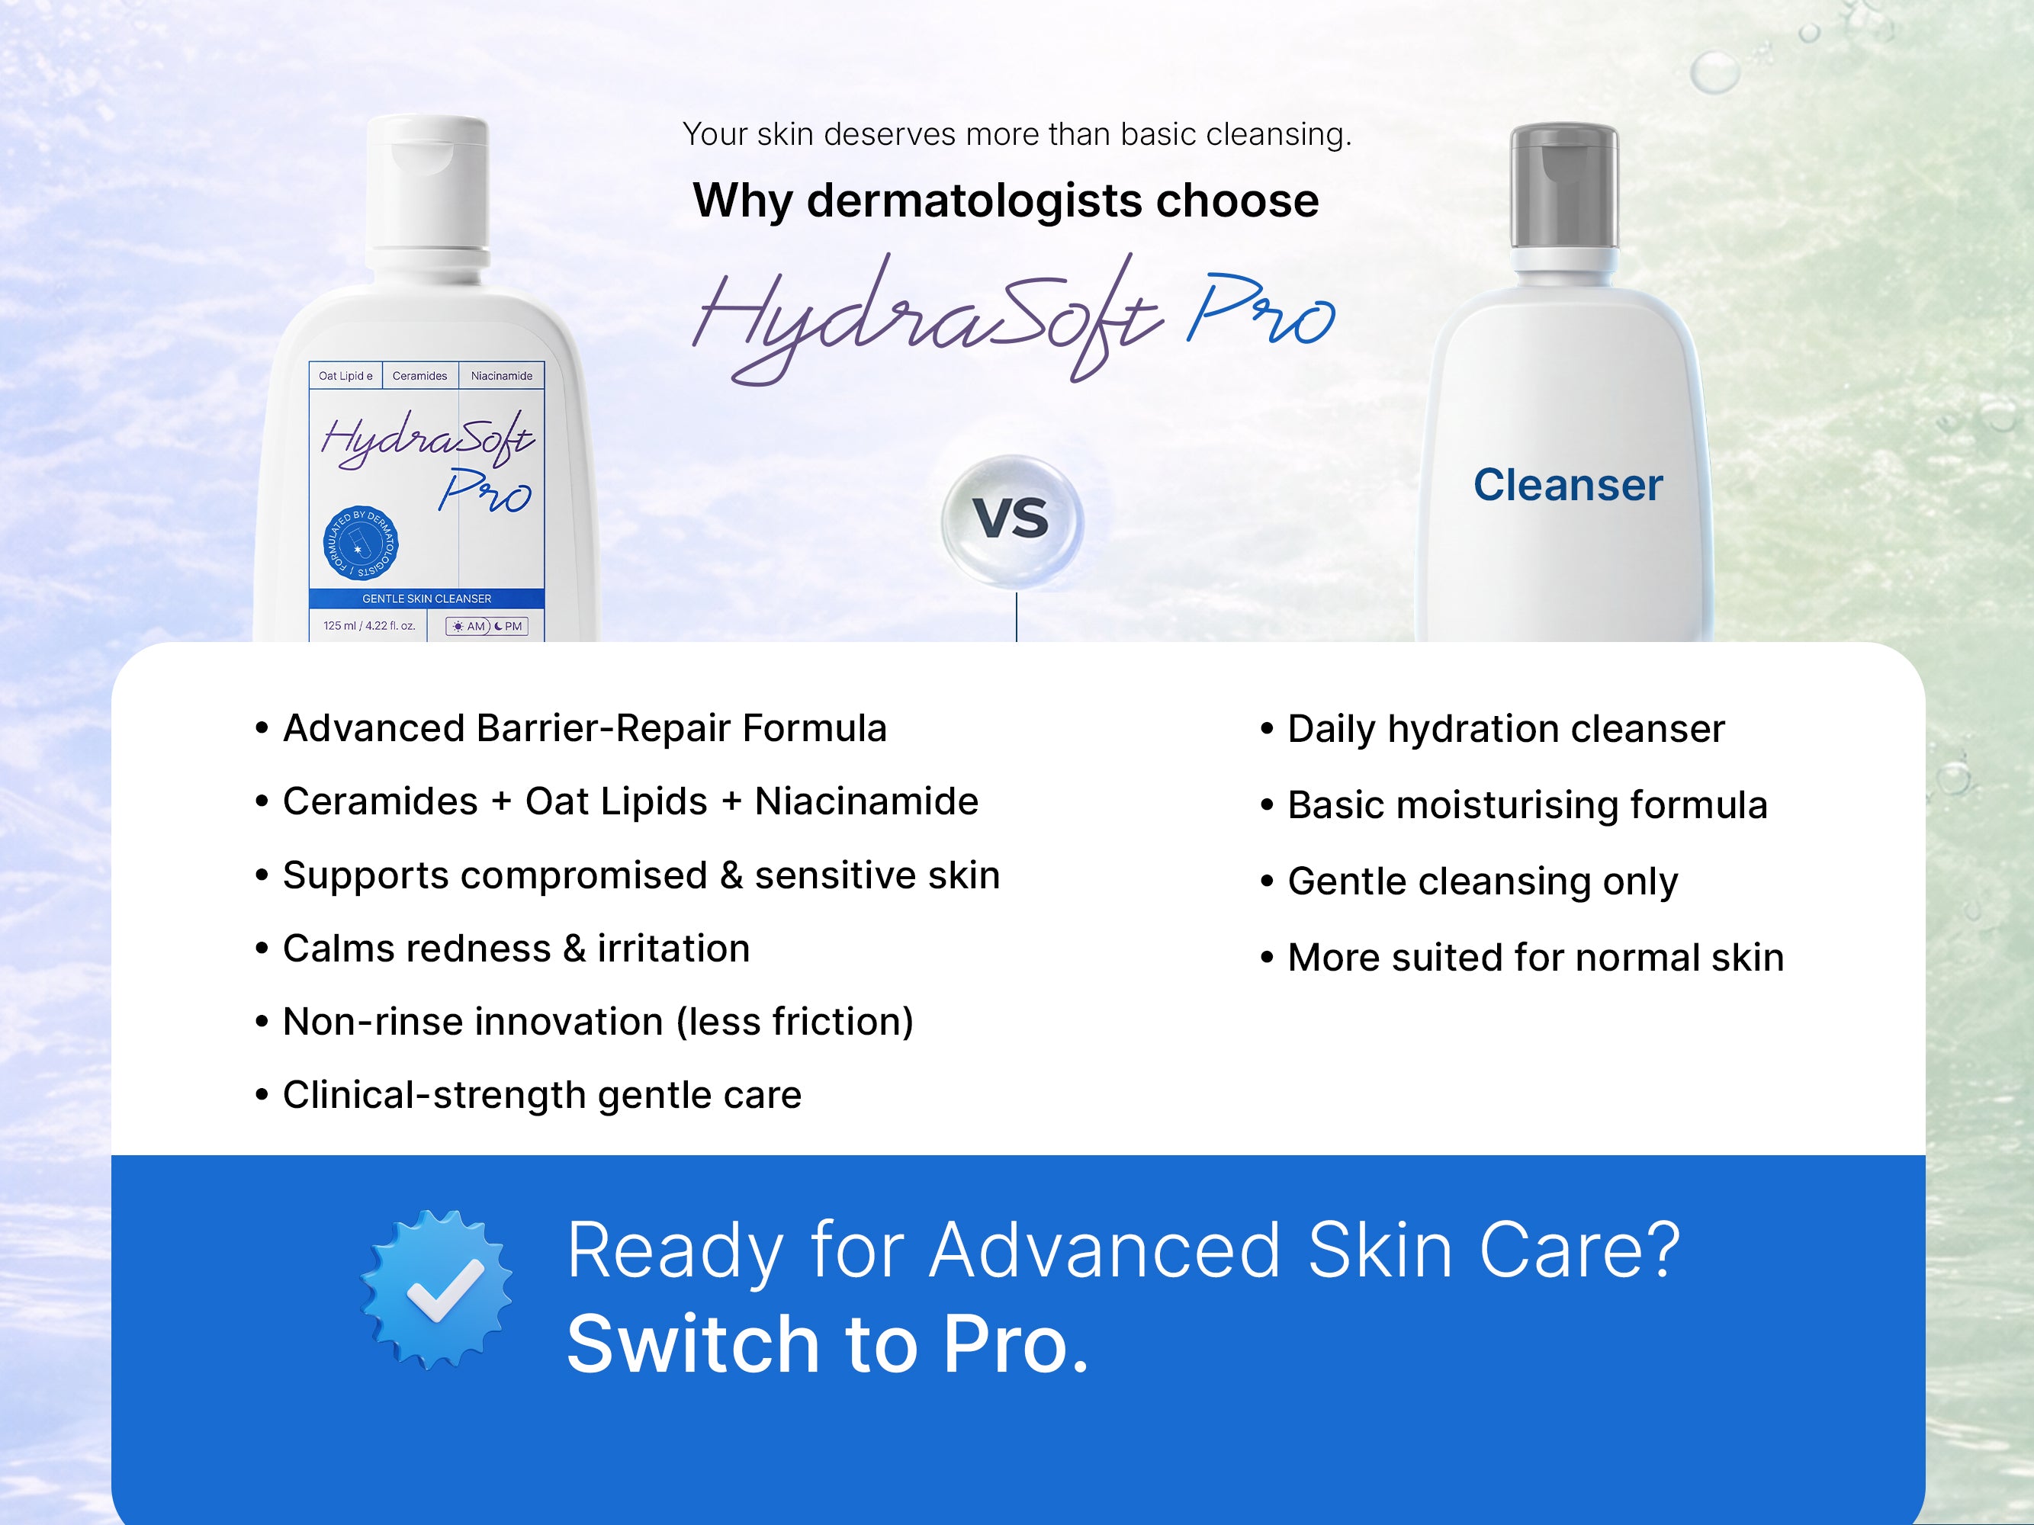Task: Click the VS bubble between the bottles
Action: [1012, 520]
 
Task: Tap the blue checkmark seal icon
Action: [437, 1289]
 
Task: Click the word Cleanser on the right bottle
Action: [1568, 484]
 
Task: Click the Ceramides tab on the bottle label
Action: [419, 376]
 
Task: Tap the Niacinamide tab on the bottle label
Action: [501, 376]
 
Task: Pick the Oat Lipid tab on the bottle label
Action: [345, 376]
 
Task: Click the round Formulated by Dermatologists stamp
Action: [361, 542]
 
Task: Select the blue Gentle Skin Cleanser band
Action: [426, 599]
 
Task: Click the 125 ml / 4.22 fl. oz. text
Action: [368, 626]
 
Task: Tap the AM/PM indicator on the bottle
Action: [487, 626]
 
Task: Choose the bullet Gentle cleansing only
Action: [1470, 881]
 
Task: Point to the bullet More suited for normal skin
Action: [1521, 958]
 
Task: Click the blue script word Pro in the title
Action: [1260, 313]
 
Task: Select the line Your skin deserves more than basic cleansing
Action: [1017, 135]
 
